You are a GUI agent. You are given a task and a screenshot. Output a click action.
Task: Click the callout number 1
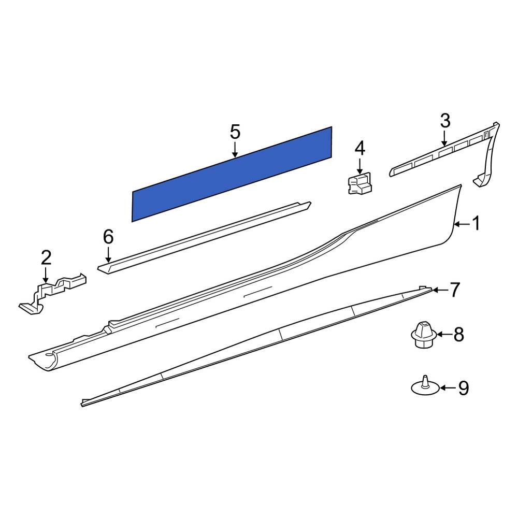[x=476, y=224]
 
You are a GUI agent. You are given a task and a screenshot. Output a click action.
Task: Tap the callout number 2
[x=46, y=256]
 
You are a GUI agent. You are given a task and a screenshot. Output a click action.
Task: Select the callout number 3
[x=445, y=122]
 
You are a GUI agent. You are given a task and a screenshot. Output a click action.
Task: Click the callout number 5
[x=235, y=132]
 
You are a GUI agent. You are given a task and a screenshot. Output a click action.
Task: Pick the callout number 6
[x=108, y=237]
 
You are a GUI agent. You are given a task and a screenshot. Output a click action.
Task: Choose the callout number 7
[x=454, y=290]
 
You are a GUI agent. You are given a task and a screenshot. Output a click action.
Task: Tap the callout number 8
[x=459, y=335]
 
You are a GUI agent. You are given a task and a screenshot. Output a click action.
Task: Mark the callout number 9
[x=463, y=387]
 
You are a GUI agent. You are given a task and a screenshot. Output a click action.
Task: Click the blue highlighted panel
[x=232, y=174]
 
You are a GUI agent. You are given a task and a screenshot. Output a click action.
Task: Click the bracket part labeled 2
[x=52, y=293]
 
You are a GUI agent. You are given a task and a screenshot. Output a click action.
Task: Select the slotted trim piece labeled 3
[x=440, y=155]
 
